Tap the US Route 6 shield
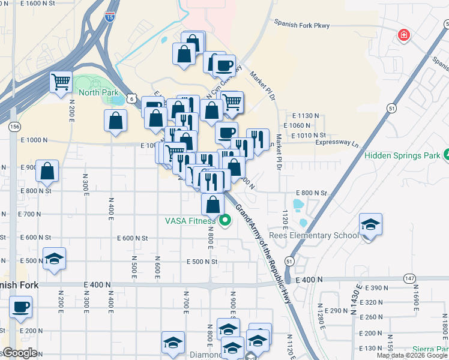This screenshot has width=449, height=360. [138, 98]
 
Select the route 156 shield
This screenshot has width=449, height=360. [14, 127]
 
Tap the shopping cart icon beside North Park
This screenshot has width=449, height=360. [60, 82]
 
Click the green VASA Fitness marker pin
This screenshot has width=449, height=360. [225, 221]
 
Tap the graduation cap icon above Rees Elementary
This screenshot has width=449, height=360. [370, 226]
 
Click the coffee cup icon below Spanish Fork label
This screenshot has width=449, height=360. [21, 307]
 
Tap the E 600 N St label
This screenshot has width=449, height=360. [133, 238]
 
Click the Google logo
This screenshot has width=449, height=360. [20, 353]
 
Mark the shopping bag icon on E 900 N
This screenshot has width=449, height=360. [47, 172]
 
